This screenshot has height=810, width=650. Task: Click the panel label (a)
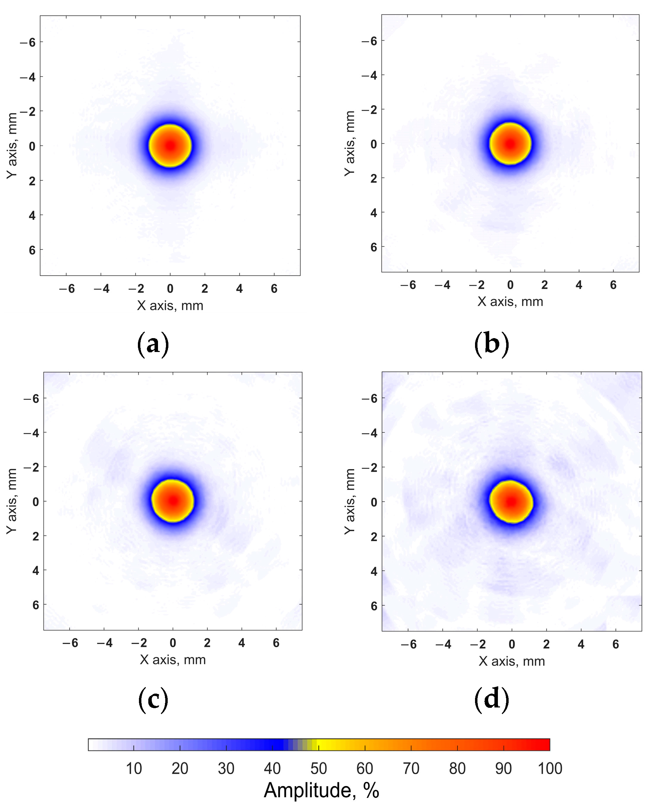click(x=153, y=344)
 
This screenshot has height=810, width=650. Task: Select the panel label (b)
click(x=491, y=344)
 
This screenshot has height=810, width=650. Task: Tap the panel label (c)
click(x=153, y=699)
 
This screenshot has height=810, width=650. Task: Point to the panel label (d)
click(x=491, y=699)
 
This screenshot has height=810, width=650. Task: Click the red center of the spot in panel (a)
click(x=170, y=146)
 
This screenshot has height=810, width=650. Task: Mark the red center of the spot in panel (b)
click(x=510, y=143)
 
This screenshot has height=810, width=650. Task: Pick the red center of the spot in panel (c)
click(x=173, y=501)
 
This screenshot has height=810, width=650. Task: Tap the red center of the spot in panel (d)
click(x=511, y=502)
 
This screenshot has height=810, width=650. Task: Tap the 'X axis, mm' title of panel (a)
click(x=170, y=306)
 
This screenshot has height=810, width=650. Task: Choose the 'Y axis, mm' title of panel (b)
click(x=349, y=143)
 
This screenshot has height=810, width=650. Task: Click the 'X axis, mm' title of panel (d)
click(x=511, y=661)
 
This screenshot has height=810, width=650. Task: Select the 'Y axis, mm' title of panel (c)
click(x=12, y=501)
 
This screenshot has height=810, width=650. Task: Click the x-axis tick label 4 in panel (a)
click(x=239, y=289)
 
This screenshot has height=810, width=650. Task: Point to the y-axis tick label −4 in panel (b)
click(x=369, y=75)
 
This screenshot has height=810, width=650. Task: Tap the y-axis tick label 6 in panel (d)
click(x=374, y=606)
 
